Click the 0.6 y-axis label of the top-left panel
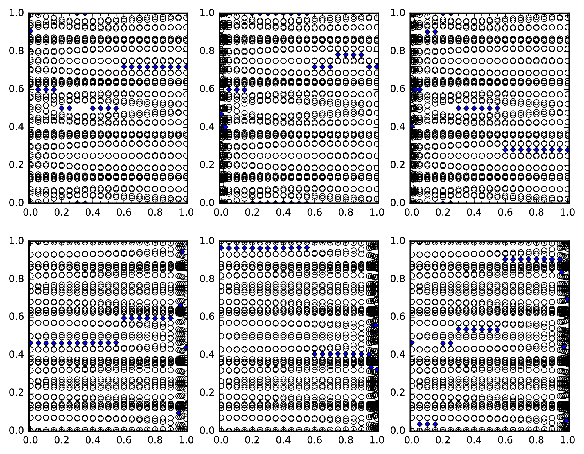16,89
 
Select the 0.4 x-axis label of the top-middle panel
283,212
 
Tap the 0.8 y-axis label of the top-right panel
398,51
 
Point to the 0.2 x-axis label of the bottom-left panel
61,440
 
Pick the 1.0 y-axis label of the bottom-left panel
16,241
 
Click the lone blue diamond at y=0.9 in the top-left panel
30,31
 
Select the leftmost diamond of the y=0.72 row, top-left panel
124,67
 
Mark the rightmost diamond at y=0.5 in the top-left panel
116,108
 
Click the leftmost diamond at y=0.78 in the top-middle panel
338,55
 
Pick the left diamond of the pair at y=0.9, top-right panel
427,32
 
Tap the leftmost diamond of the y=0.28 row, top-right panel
505,150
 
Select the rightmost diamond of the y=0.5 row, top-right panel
497,108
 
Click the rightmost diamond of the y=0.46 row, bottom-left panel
116,343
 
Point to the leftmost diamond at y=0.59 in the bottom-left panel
124,318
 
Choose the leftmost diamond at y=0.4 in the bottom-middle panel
315,354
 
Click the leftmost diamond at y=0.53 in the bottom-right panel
458,329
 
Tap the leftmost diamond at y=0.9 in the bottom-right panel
505,259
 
